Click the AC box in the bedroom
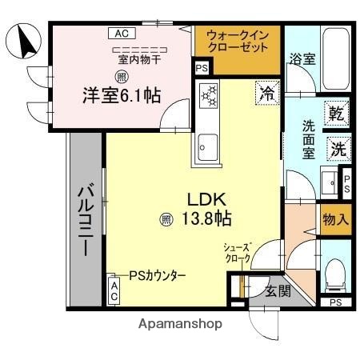pos(120,34)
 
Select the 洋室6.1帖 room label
pos(121,95)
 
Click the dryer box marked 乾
pos(338,114)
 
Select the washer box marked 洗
pos(338,148)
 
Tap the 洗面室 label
pos(309,137)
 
